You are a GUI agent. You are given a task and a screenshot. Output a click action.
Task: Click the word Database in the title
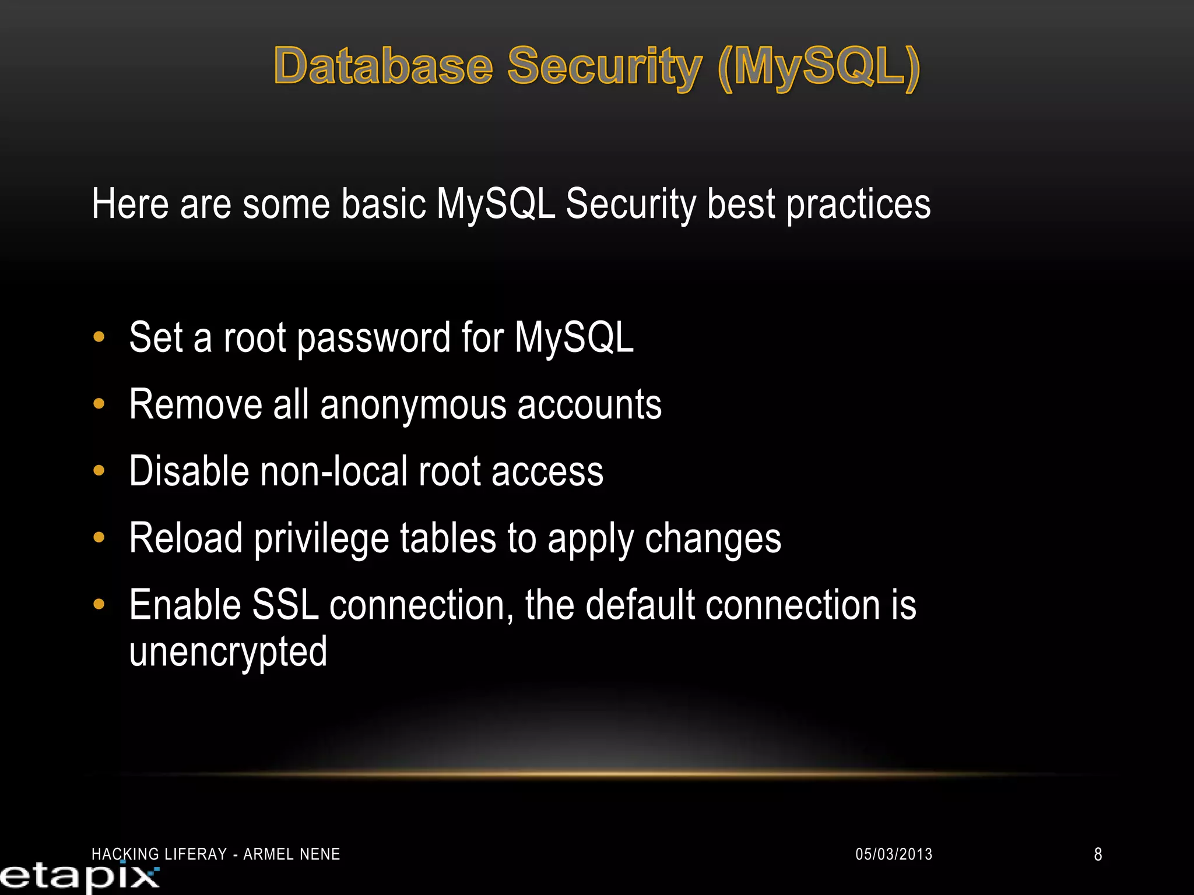[384, 66]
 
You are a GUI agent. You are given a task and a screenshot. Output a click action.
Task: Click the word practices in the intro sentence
[858, 205]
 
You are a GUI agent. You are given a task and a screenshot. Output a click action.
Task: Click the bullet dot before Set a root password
[99, 337]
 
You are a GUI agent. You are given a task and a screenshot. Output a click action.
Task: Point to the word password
[374, 338]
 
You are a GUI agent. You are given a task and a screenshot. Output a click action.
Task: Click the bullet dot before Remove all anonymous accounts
[99, 403]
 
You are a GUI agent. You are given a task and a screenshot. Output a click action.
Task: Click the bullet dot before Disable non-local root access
[99, 470]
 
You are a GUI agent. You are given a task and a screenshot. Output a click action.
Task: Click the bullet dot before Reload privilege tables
[99, 537]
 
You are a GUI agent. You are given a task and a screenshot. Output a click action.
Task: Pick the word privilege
[321, 539]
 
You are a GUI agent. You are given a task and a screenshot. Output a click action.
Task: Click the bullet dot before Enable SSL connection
[99, 604]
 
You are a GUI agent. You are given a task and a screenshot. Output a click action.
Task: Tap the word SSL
[285, 605]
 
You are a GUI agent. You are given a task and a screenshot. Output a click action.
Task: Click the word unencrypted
[228, 652]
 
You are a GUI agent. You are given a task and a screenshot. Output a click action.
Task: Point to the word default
[640, 605]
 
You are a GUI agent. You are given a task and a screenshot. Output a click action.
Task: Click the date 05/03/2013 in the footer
[894, 854]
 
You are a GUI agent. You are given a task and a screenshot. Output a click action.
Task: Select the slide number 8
[1098, 854]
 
